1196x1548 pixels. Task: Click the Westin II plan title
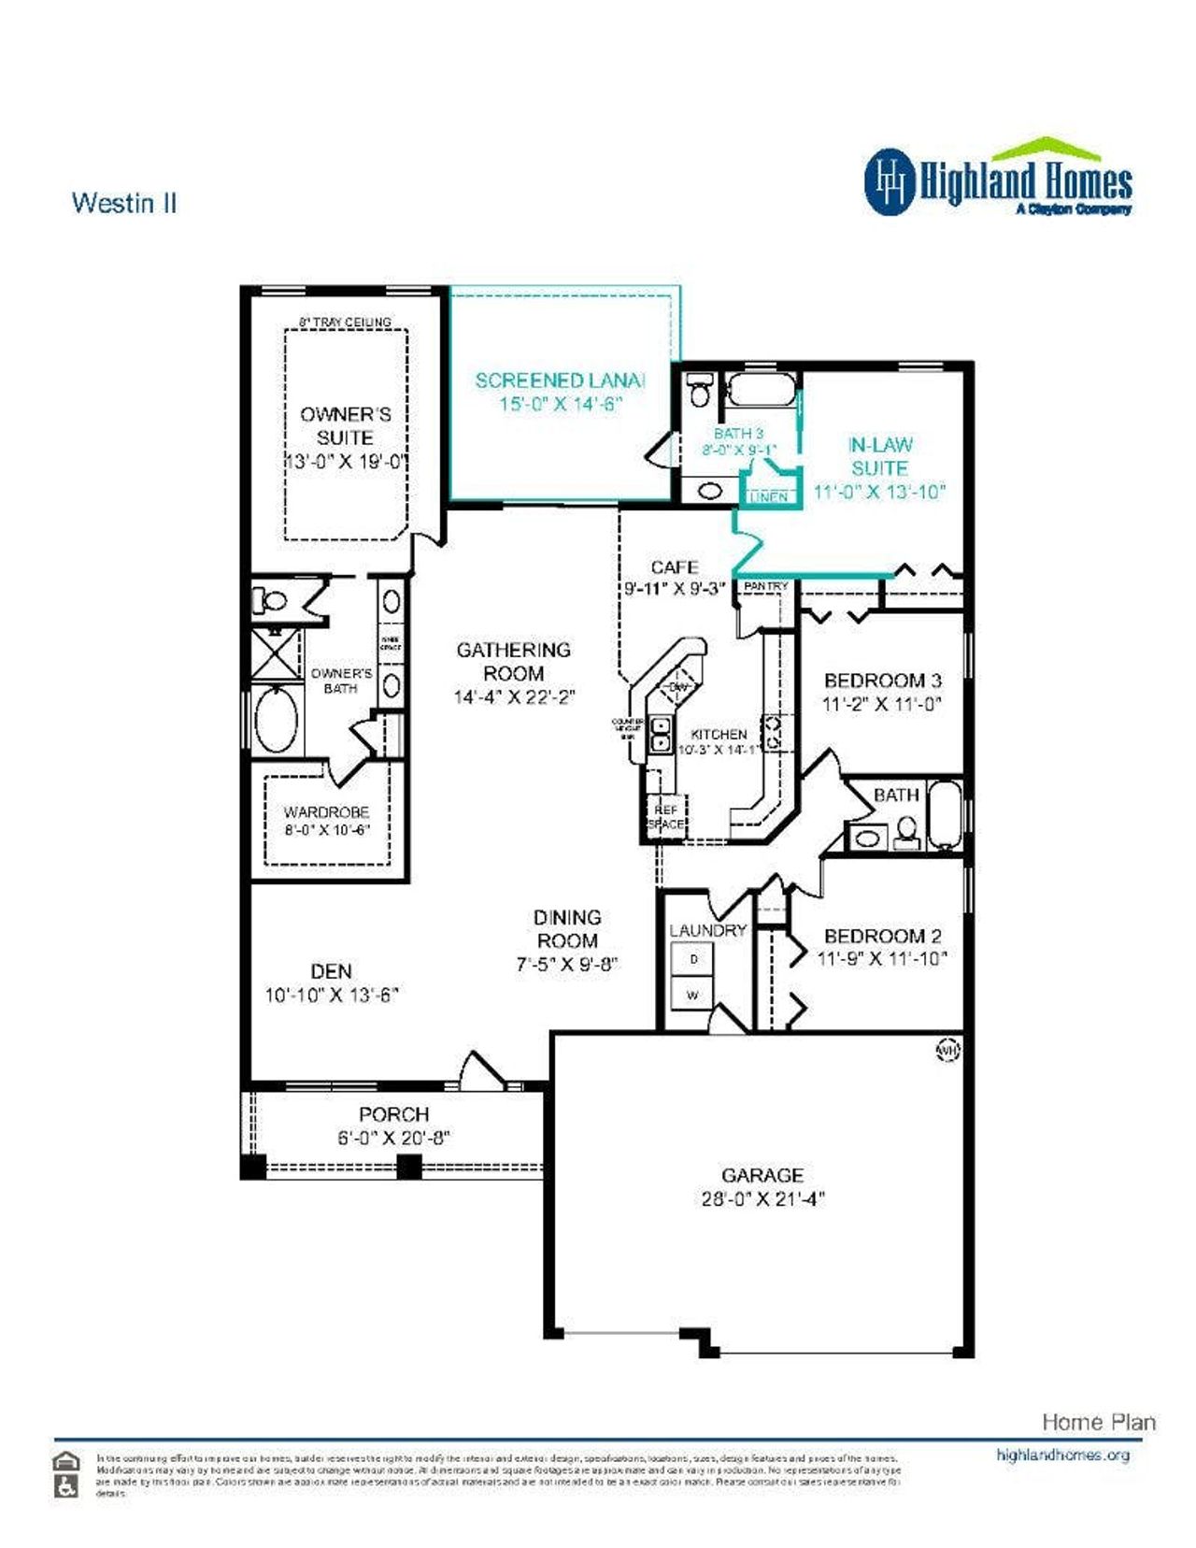(x=124, y=203)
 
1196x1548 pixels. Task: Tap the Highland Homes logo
(x=998, y=179)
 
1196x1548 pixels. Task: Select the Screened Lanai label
(x=560, y=380)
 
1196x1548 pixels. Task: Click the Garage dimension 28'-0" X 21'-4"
(x=762, y=1199)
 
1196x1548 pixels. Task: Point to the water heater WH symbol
(x=947, y=1051)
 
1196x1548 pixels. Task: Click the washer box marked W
(x=692, y=996)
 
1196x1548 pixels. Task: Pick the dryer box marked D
(x=692, y=960)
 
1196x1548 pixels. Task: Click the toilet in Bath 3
(x=699, y=390)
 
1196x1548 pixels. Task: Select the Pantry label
(x=765, y=586)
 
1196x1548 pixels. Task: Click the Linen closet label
(x=769, y=497)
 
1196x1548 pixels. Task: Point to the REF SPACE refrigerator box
(x=665, y=816)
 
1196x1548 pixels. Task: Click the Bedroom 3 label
(x=882, y=681)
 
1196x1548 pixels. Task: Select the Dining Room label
(x=567, y=928)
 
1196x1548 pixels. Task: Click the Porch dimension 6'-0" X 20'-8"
(x=394, y=1138)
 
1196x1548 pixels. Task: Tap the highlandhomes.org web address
(x=1062, y=1455)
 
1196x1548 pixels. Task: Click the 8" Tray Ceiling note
(x=345, y=322)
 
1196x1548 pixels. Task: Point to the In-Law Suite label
(x=879, y=456)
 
